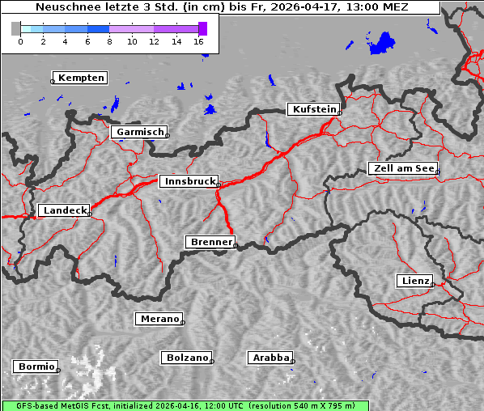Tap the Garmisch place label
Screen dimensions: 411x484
140,132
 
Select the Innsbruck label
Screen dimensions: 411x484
189,182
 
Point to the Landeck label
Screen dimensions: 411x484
65,210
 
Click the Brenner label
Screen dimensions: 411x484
210,242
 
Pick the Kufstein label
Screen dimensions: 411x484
313,109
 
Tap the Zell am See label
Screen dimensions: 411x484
402,168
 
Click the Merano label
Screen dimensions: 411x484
159,319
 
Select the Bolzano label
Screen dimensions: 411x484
187,357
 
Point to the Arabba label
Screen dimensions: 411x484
270,357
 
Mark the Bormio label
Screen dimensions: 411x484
36,367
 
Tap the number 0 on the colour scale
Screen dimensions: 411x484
20,40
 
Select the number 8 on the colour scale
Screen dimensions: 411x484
109,40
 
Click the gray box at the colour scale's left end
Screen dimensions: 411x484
16,28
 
